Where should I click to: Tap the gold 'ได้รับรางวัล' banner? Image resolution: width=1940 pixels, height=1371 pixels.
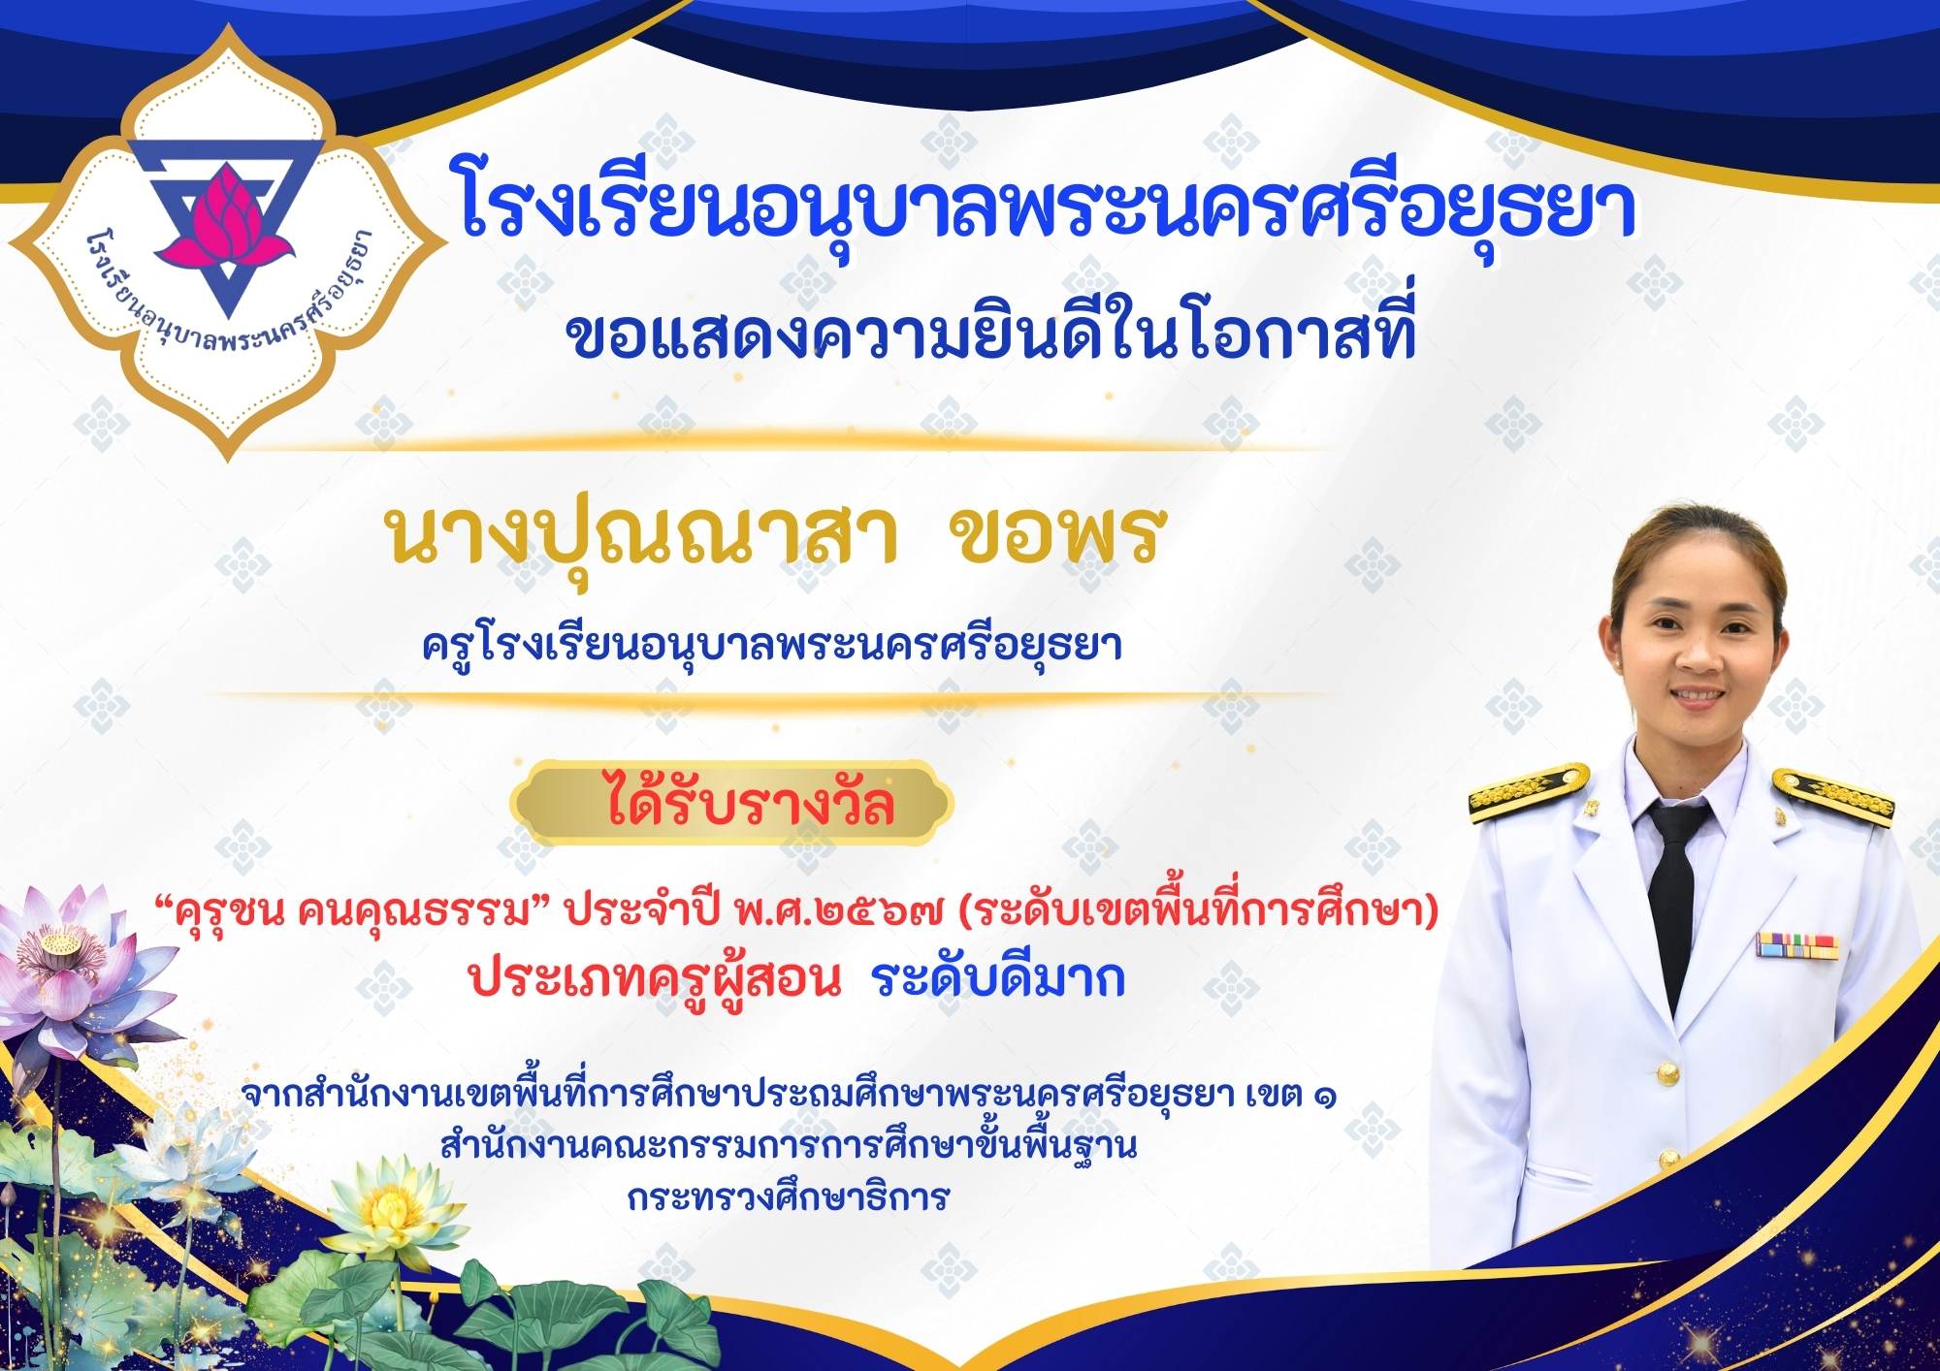[733, 804]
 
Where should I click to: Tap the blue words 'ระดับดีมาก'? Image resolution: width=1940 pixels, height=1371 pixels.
[999, 978]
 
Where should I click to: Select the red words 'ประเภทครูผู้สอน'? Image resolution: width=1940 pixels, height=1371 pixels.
[655, 980]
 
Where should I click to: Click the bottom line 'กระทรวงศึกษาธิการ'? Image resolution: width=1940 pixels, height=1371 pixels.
[788, 1197]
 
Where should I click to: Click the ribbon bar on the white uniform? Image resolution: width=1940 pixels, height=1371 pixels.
[1796, 945]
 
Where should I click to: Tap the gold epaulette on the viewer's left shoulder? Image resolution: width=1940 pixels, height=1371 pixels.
[1527, 789]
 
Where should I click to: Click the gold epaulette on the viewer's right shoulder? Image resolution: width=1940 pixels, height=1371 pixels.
[1833, 795]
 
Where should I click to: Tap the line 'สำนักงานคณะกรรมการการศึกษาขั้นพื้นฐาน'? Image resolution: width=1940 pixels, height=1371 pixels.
[788, 1146]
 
